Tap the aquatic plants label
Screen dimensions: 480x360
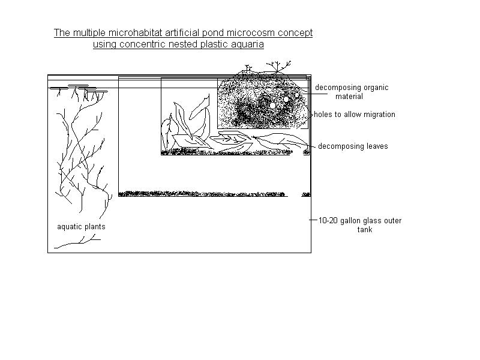[x=81, y=227]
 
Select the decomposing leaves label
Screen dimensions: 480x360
[x=353, y=146]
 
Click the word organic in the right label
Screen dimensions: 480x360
[x=376, y=88]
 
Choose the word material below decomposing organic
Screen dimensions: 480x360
[x=349, y=97]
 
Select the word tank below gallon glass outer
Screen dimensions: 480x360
[x=365, y=230]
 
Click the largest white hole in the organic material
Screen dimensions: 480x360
[x=273, y=106]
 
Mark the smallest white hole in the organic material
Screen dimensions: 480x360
[x=296, y=95]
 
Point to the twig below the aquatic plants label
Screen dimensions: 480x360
[x=77, y=242]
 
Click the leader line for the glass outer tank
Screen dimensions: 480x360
[x=313, y=220]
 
